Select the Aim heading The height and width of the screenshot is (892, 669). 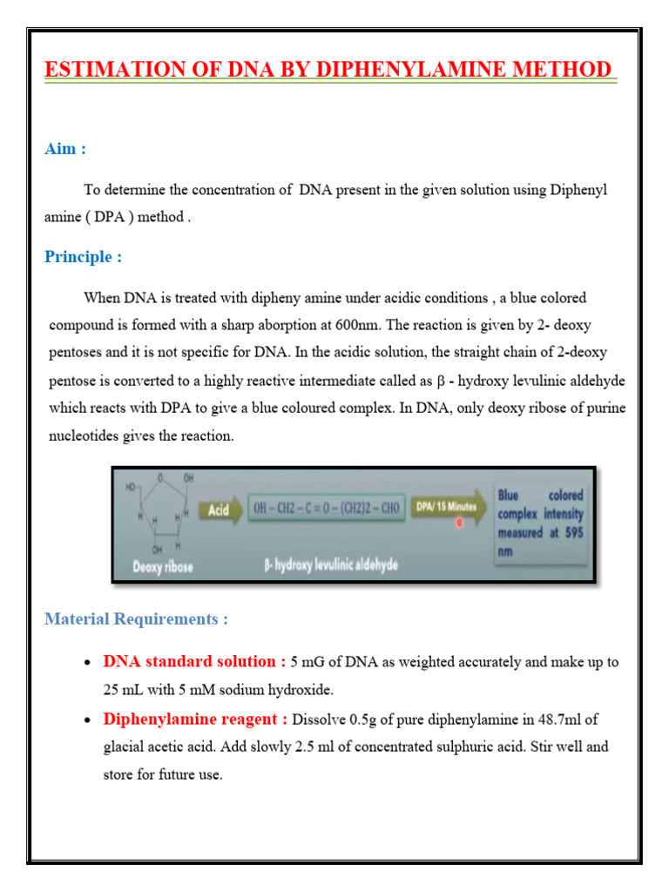65,149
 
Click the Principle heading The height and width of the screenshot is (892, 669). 83,257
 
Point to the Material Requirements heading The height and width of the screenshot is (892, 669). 136,619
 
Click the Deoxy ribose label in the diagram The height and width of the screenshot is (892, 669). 162,566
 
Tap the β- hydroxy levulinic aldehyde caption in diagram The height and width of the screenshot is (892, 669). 330,566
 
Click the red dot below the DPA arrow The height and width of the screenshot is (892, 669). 459,524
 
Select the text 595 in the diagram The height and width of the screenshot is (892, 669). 571,533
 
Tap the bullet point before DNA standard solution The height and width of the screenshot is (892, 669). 87,663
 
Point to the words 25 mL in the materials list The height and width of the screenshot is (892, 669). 124,690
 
